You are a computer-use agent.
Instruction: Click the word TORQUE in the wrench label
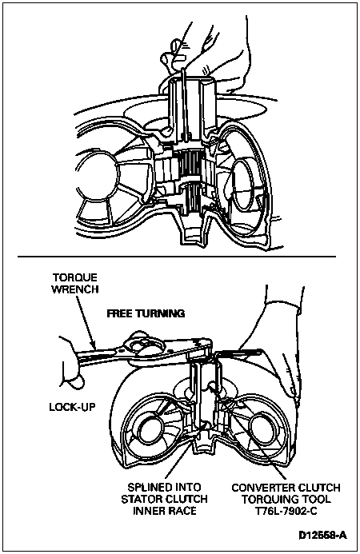pyautogui.click(x=74, y=277)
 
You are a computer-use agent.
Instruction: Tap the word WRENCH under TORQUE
pyautogui.click(x=74, y=289)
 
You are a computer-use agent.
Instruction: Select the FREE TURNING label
pyautogui.click(x=146, y=313)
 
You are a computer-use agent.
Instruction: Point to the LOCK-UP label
pyautogui.click(x=72, y=407)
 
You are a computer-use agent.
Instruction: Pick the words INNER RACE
pyautogui.click(x=165, y=511)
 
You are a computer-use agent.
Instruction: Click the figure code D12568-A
pyautogui.click(x=323, y=535)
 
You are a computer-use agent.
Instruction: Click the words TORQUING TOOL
pyautogui.click(x=286, y=499)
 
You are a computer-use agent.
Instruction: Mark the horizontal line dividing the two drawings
pyautogui.click(x=177, y=256)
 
